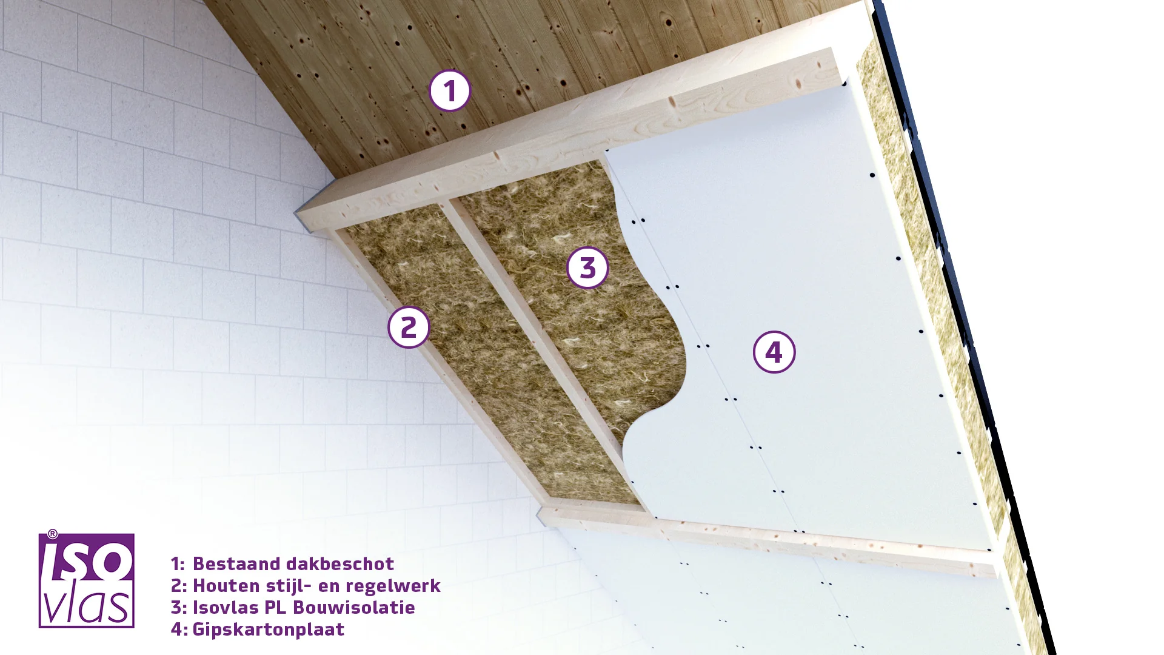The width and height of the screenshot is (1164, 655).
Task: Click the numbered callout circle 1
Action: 450,91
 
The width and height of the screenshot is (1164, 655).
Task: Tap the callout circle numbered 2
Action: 409,327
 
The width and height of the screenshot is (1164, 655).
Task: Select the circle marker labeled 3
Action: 587,267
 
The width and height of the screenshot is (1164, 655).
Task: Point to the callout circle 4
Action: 774,352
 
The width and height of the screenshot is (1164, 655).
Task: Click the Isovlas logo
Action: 86,580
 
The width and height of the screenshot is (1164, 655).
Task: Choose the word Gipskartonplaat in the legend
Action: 269,630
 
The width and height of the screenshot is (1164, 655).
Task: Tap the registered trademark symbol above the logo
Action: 53,534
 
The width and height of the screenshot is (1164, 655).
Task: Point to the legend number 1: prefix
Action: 178,563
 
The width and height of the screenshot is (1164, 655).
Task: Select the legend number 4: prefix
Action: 179,629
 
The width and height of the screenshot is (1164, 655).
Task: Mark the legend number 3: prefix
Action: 179,607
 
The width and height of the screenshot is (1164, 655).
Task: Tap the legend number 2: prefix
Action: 179,585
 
